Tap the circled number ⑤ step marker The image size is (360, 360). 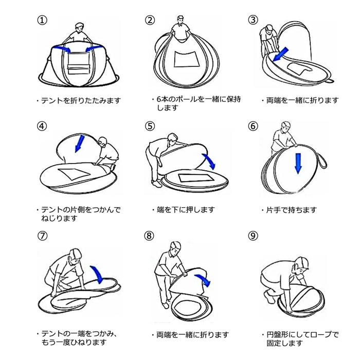[150, 127]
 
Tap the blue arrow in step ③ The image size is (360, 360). [282, 54]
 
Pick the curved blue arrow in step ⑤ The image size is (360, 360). [210, 161]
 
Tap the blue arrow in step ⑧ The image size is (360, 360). [204, 280]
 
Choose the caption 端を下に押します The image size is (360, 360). [182, 210]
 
